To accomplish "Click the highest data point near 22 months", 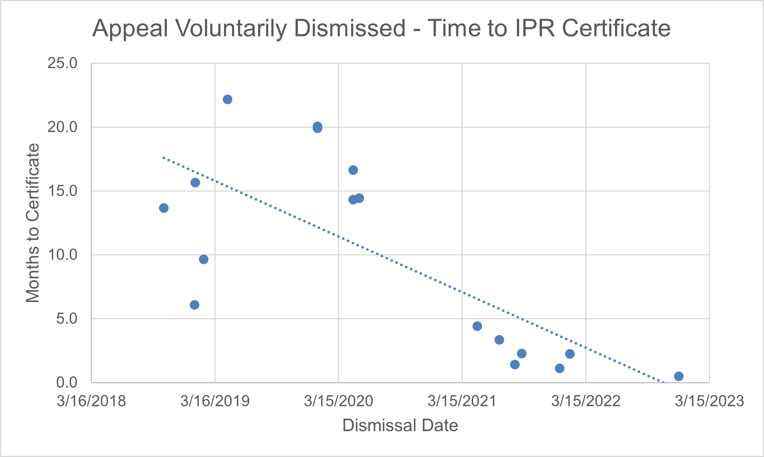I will pyautogui.click(x=227, y=100).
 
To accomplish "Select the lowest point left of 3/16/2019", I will pyautogui.click(x=194, y=305).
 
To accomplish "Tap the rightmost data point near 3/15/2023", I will pyautogui.click(x=679, y=376).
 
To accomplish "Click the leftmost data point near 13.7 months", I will pyautogui.click(x=164, y=208).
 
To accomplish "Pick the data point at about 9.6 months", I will pyautogui.click(x=203, y=259).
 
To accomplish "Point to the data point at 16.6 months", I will pyautogui.click(x=353, y=170).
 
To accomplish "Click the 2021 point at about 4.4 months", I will pyautogui.click(x=477, y=326).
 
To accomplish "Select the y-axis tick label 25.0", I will pyautogui.click(x=62, y=63).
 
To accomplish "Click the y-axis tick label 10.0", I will pyautogui.click(x=62, y=255).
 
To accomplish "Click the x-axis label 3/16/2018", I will pyautogui.click(x=91, y=401).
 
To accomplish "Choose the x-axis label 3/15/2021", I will pyautogui.click(x=462, y=401).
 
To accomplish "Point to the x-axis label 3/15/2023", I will pyautogui.click(x=709, y=401).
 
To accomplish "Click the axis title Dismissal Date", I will pyautogui.click(x=400, y=425).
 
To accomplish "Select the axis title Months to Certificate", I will pyautogui.click(x=33, y=223).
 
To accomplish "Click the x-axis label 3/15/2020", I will pyautogui.click(x=339, y=401).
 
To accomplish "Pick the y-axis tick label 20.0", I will pyautogui.click(x=62, y=127).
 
